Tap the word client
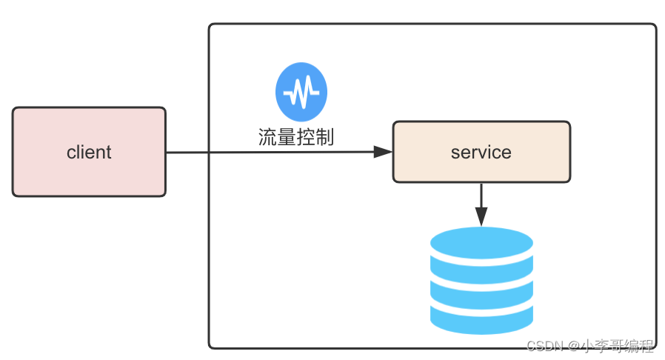tap(89, 153)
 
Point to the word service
tap(481, 153)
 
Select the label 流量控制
tap(296, 137)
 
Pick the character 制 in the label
tap(325, 137)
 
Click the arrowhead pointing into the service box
tap(383, 152)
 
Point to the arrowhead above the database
tap(481, 217)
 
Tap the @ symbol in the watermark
tap(572, 346)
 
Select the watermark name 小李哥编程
tap(618, 346)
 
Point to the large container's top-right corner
tap(654, 26)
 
